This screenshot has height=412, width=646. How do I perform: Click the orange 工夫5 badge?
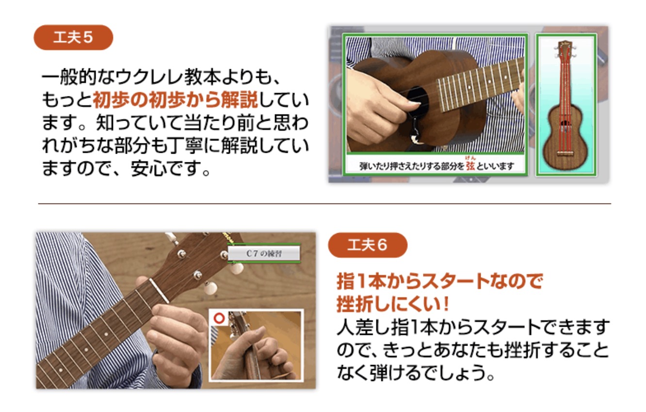[x=73, y=37]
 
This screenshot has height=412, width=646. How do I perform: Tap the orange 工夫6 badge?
[x=368, y=245]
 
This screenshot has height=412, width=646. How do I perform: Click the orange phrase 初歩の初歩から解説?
[x=175, y=100]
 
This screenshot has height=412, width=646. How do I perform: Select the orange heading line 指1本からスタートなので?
[x=439, y=281]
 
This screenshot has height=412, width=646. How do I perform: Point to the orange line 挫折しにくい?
[x=393, y=304]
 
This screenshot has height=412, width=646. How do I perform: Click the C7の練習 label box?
[x=264, y=254]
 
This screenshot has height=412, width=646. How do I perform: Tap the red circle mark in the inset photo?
[x=219, y=318]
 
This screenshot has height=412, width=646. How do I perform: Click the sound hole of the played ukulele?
[x=417, y=102]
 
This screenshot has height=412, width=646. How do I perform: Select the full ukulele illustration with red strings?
[x=565, y=106]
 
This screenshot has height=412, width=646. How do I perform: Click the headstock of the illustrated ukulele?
[x=565, y=51]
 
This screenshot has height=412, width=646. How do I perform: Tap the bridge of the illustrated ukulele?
[x=565, y=153]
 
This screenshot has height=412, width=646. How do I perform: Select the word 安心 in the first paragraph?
[x=149, y=168]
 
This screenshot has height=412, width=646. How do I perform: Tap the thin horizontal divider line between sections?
[x=324, y=204]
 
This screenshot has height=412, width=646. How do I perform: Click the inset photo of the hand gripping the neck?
[x=256, y=346]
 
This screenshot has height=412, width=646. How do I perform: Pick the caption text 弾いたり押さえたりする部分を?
[x=412, y=166]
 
